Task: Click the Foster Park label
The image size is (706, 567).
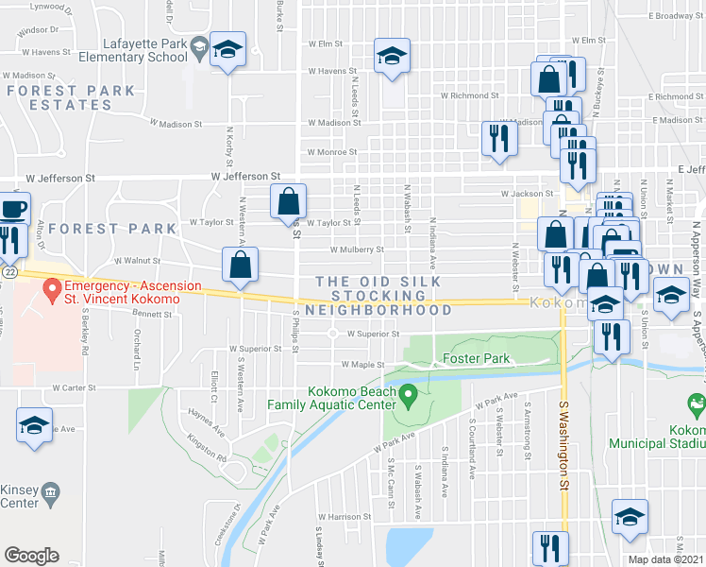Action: click(477, 358)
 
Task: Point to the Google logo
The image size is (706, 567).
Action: click(31, 556)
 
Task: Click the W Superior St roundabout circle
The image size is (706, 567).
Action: click(333, 334)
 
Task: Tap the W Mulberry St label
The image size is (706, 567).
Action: click(357, 250)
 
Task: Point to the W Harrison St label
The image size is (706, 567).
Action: click(345, 517)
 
